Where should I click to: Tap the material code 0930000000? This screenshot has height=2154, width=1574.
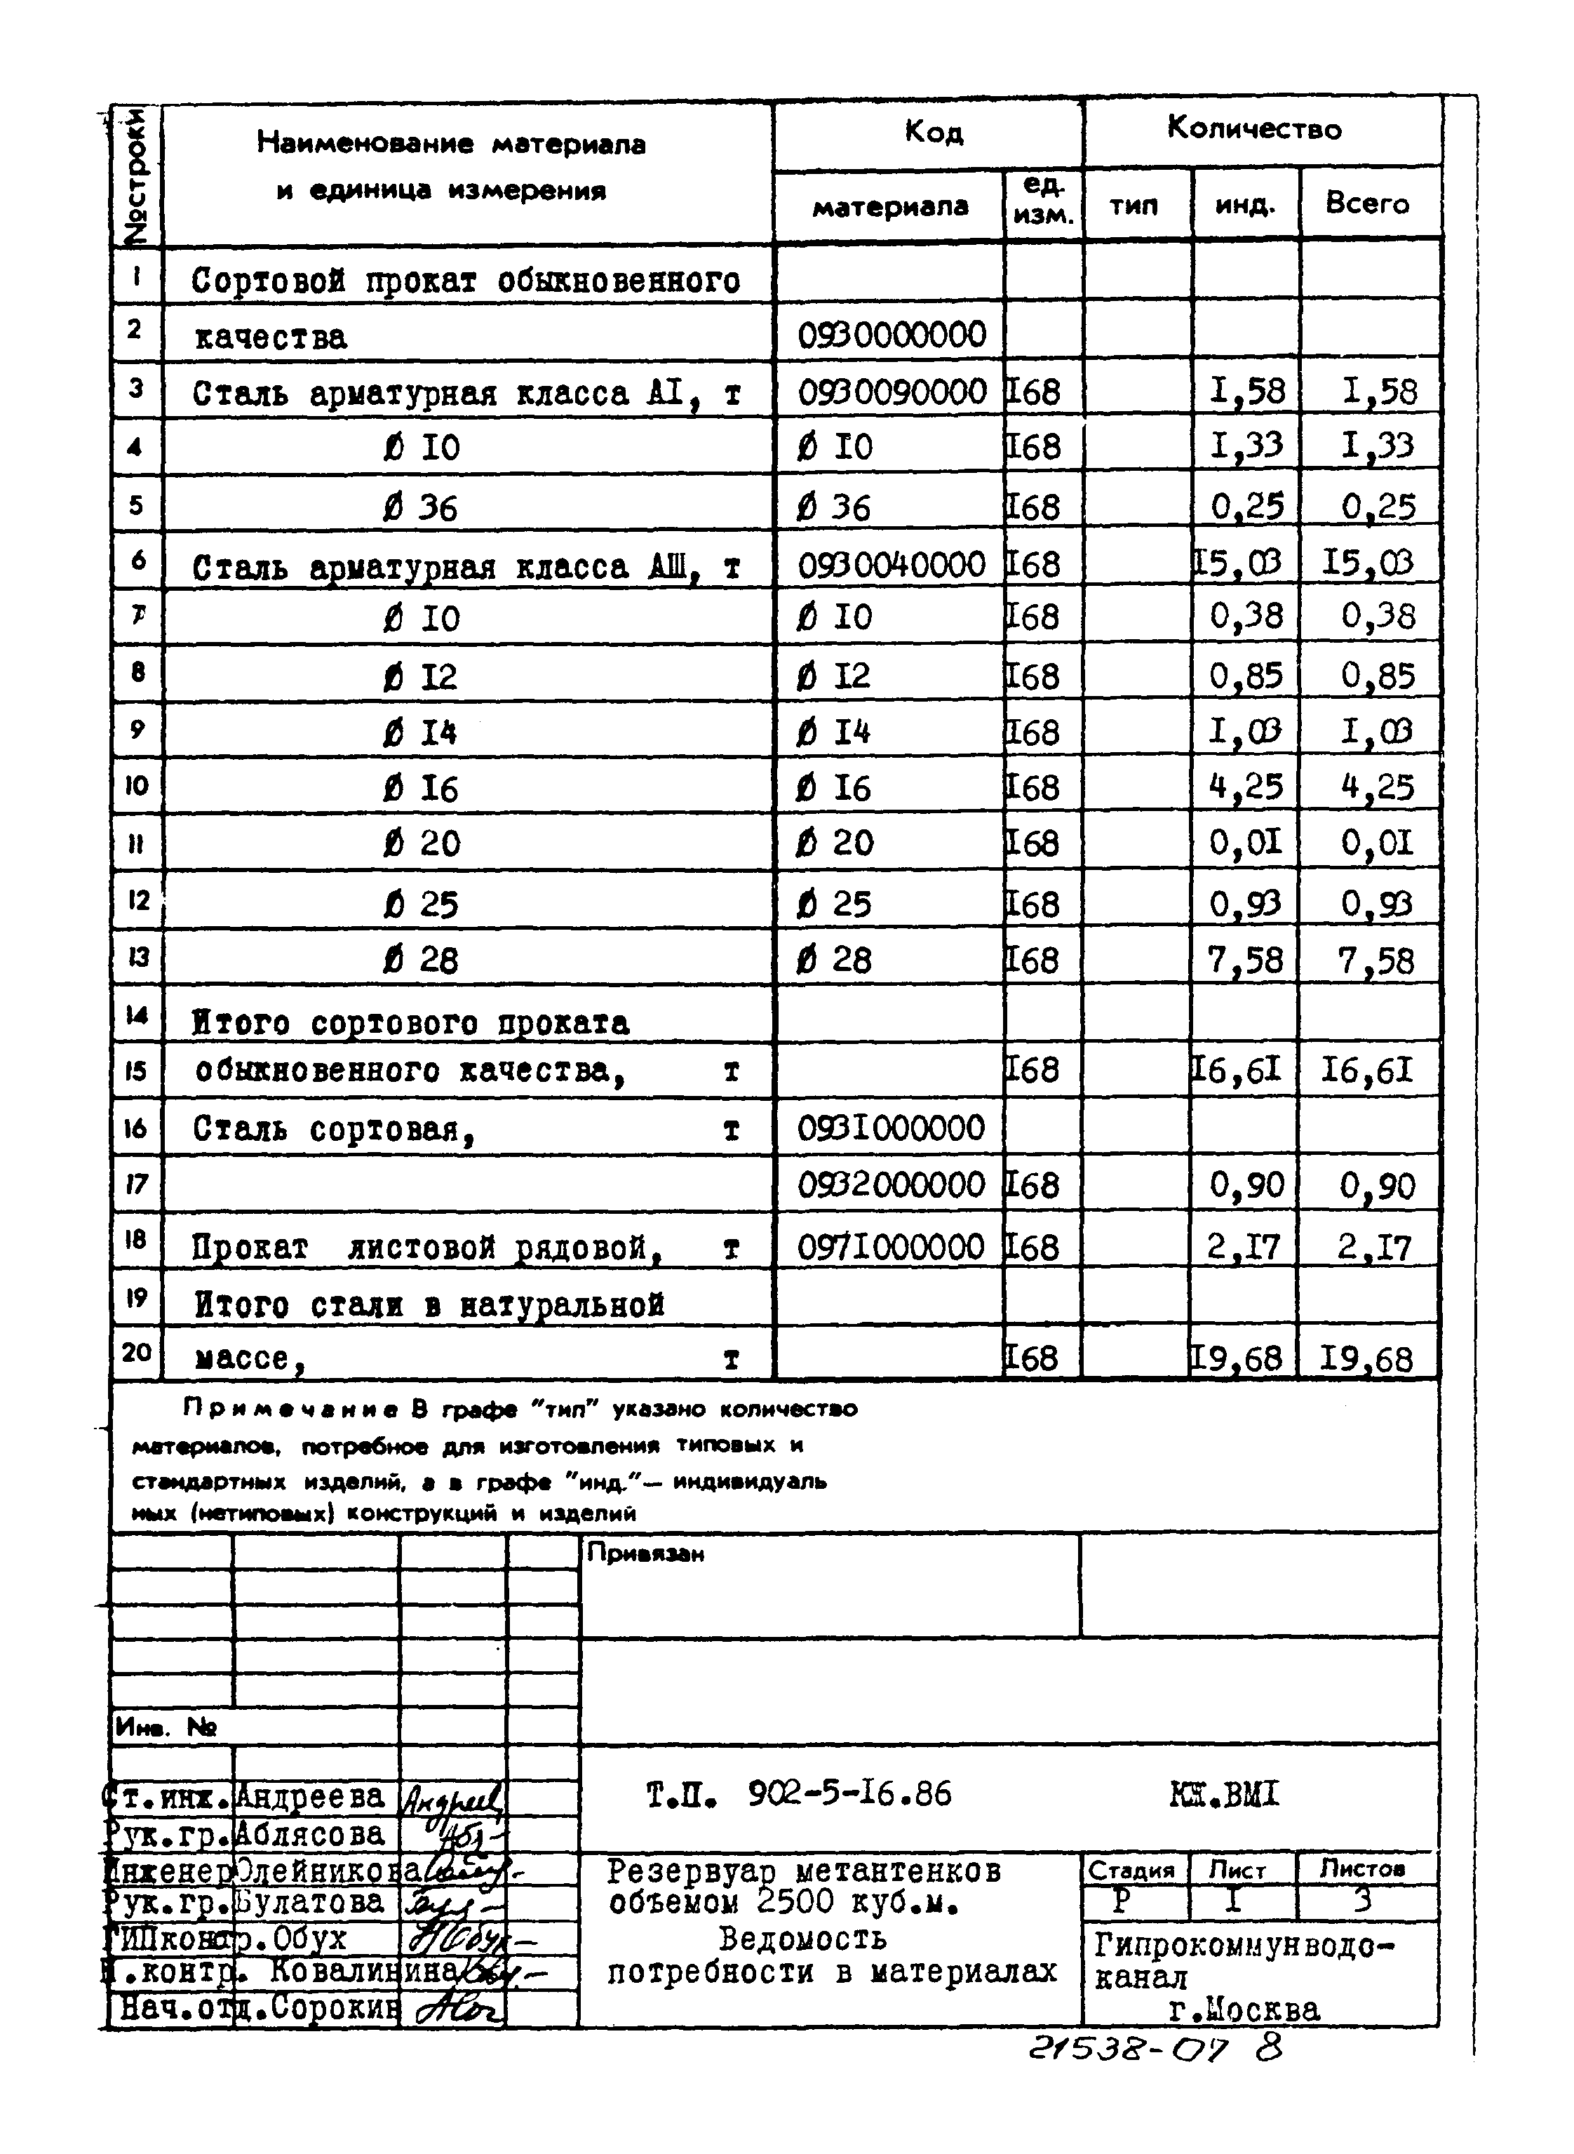pos(891,335)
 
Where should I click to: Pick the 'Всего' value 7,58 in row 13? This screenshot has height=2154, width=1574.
pos(1375,961)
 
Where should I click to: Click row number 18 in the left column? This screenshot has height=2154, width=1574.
pos(135,1239)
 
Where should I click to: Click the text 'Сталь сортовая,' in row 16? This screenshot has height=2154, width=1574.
pos(333,1130)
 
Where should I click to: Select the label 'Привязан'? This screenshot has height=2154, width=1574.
pos(645,1553)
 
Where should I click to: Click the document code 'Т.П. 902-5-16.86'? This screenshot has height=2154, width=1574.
pos(798,1795)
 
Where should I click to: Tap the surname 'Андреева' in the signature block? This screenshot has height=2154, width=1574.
pos(309,1797)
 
